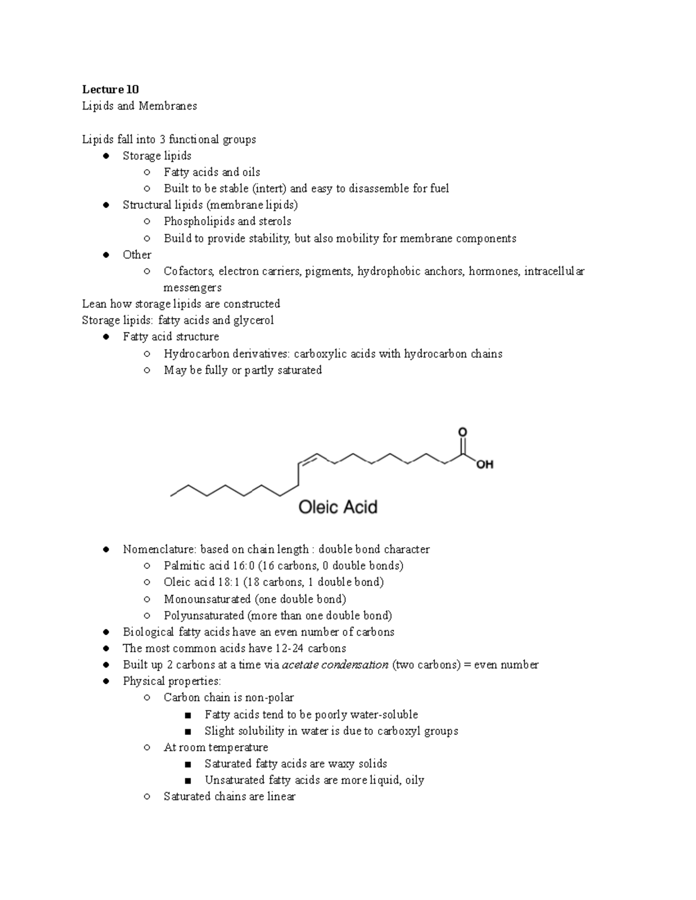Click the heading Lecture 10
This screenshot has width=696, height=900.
point(110,89)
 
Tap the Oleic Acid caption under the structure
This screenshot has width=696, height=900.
point(338,507)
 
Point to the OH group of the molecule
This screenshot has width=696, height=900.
point(484,464)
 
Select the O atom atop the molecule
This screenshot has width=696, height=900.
point(462,432)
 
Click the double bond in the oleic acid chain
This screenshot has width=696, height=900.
point(307,459)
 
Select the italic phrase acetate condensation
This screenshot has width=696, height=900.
point(335,665)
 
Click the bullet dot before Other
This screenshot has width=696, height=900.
point(106,255)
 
